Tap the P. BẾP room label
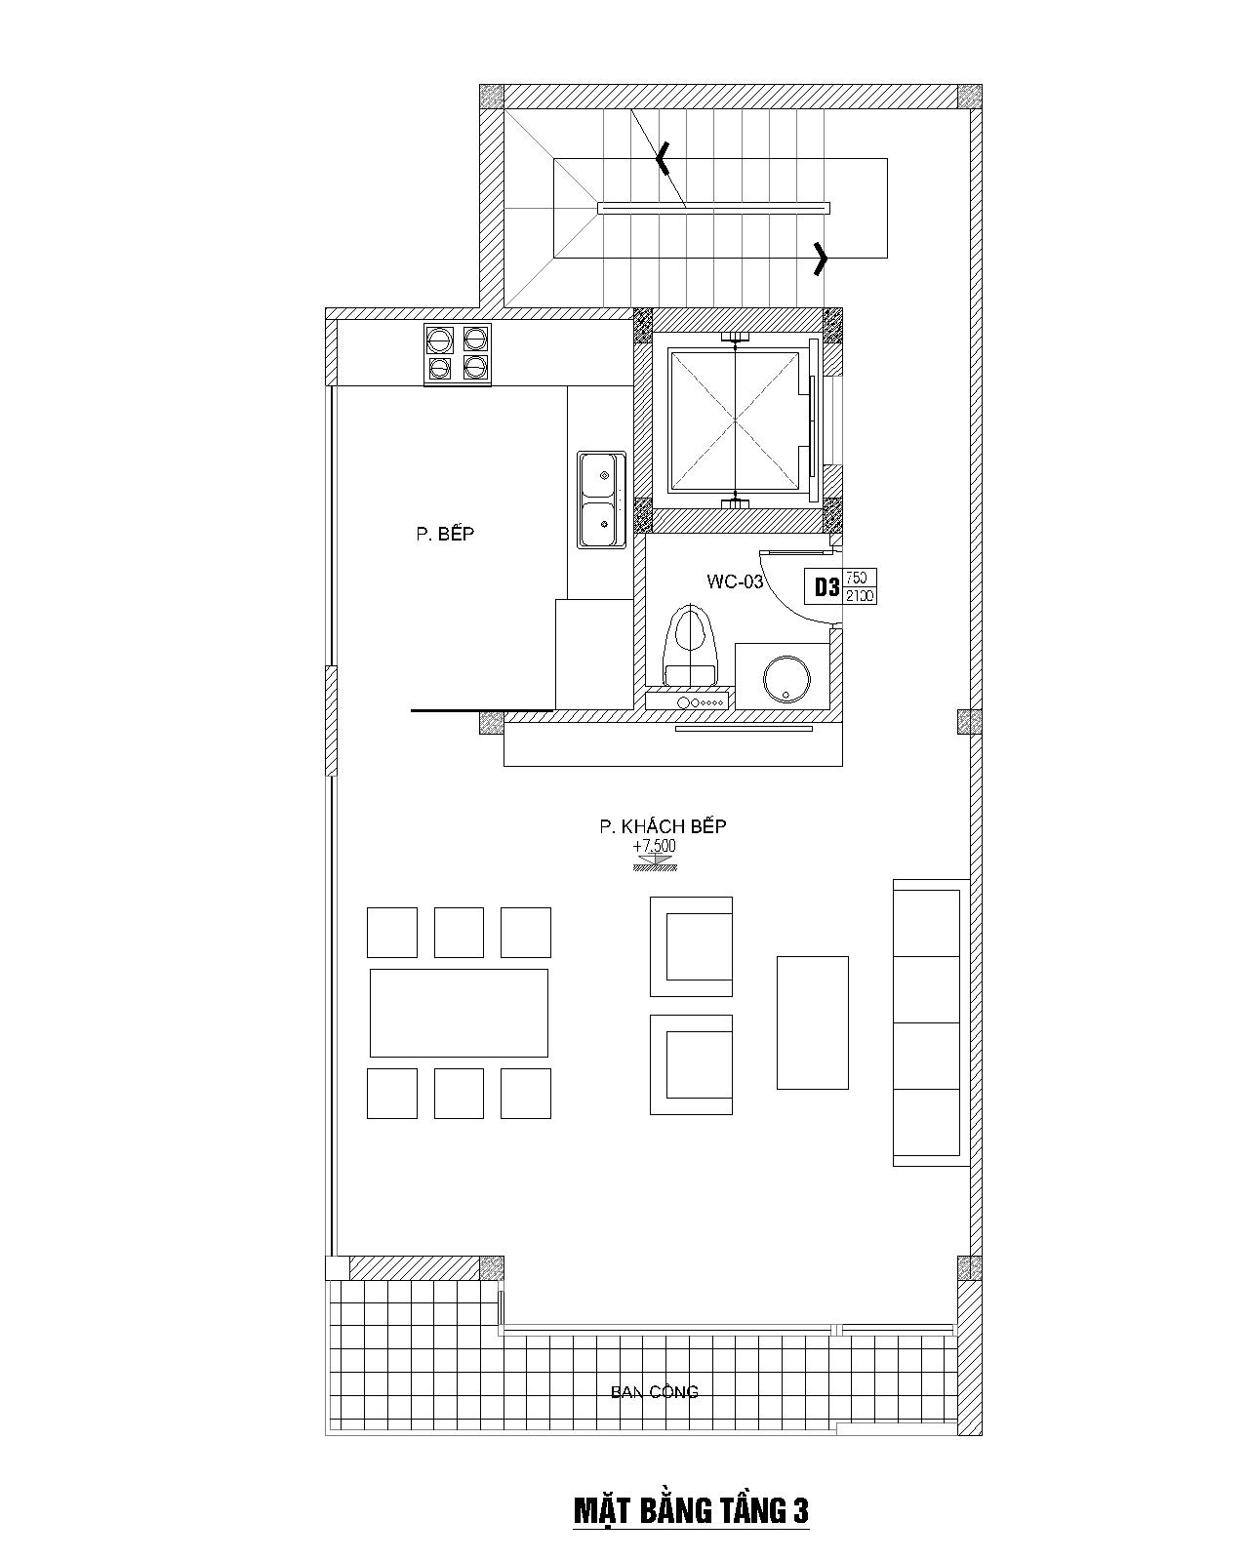coord(445,533)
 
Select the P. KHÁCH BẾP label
coord(663,825)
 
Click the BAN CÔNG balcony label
coord(654,1391)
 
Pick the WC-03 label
coord(735,581)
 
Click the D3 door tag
coord(826,586)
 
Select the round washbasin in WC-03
coord(786,679)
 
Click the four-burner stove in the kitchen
coord(458,355)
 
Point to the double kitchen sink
coord(602,500)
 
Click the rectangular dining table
coord(459,1013)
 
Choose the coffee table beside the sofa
coord(812,1022)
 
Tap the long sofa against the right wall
coord(931,1022)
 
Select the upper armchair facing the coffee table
coord(691,946)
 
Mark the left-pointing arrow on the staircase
coord(662,159)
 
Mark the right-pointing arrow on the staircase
coord(821,258)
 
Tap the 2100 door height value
coord(860,596)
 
